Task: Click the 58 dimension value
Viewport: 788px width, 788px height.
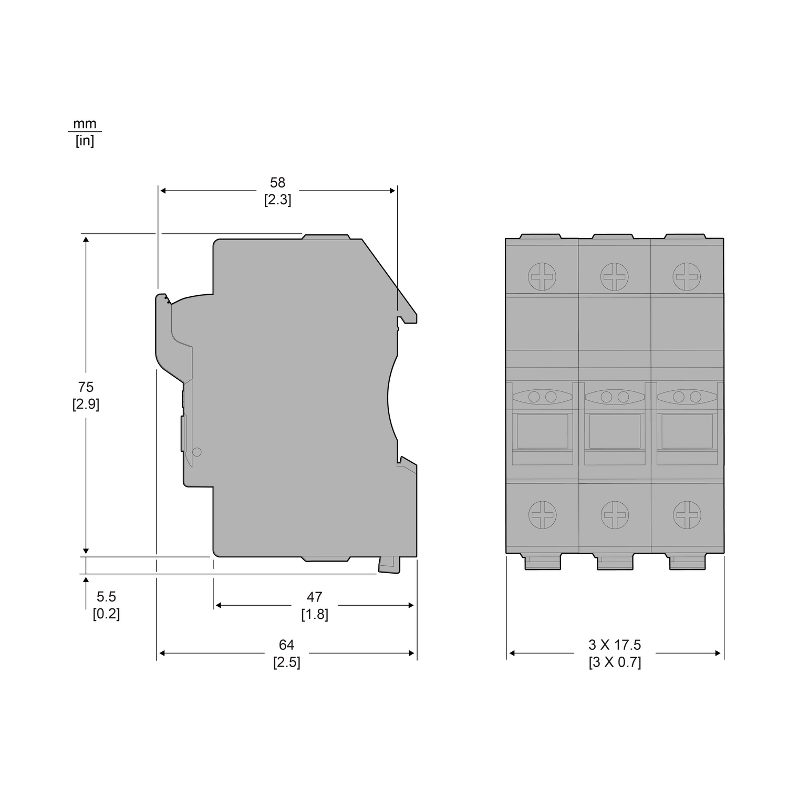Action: (277, 182)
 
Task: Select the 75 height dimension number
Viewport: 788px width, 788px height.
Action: (86, 387)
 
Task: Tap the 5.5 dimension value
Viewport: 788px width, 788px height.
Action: (106, 597)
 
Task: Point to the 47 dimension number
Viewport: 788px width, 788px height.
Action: (314, 597)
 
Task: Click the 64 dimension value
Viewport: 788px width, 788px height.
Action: (287, 645)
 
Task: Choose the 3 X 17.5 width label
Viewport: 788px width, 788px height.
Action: (615, 645)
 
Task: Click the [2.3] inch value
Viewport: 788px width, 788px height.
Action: (277, 200)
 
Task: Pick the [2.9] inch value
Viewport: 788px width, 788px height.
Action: (86, 404)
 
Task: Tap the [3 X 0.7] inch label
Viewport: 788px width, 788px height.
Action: (615, 662)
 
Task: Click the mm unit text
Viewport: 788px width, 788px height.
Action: (85, 123)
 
